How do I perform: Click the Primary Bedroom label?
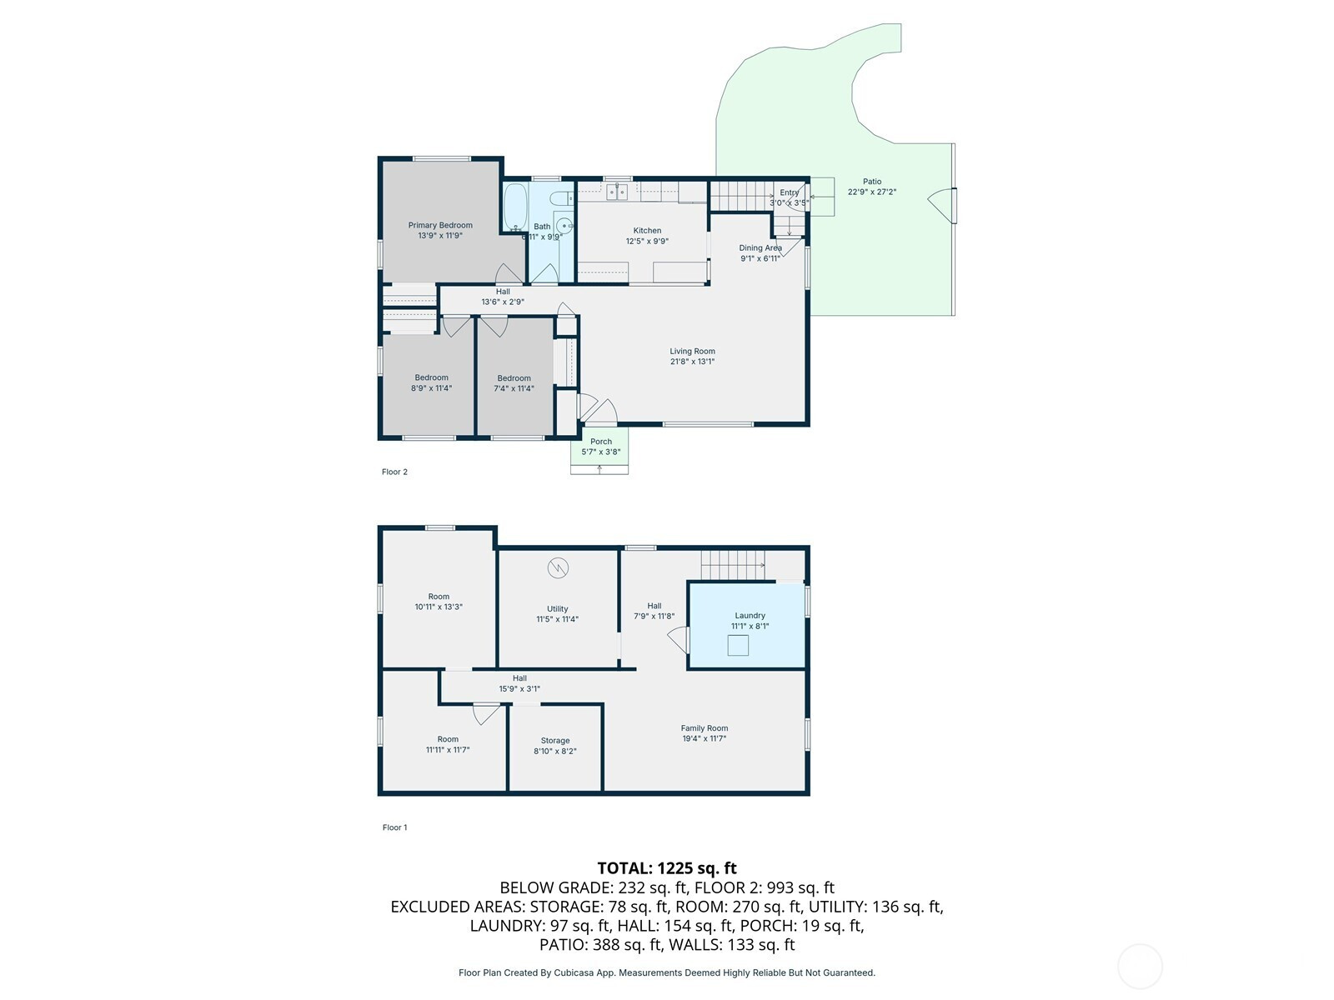coord(440,225)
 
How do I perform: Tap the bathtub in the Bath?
coord(514,207)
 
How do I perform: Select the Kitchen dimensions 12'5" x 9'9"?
coord(647,242)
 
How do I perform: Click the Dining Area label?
coord(760,247)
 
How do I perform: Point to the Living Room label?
coord(692,352)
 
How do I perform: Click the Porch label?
coord(600,442)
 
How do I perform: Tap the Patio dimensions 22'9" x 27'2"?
coord(872,192)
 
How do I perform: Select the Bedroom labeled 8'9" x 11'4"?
coord(431,382)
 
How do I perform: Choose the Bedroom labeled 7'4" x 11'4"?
coord(514,383)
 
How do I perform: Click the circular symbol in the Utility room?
coord(558,568)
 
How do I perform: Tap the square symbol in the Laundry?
coord(738,645)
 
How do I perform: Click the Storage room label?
coord(554,741)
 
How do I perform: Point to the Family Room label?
coord(705,728)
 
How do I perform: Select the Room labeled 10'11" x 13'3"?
coord(439,602)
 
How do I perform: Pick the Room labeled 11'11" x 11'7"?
coord(448,744)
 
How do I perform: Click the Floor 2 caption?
coord(394,472)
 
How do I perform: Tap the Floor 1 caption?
coord(394,827)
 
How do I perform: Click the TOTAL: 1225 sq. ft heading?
coord(667,868)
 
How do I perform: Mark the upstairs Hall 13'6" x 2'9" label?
coord(502,297)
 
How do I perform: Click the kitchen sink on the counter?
coord(617,192)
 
